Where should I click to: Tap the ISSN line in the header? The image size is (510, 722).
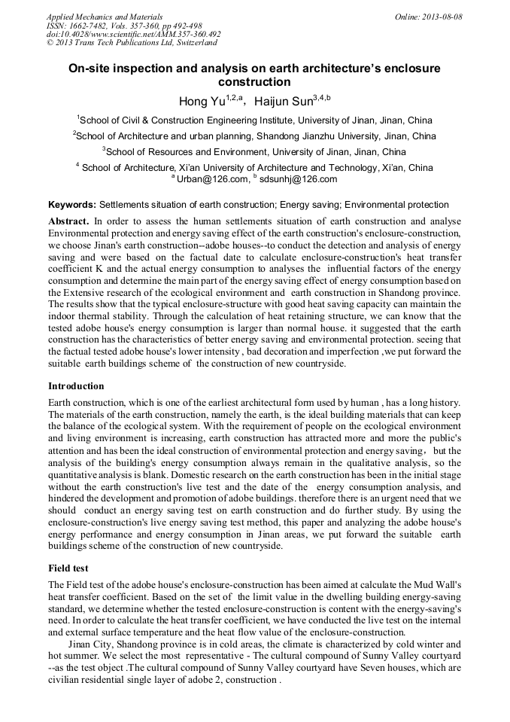pos(125,26)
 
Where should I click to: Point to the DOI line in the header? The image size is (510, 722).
pos(133,34)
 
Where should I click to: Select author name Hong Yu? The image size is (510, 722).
pos(199,101)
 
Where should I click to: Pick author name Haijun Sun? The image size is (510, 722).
pos(282,101)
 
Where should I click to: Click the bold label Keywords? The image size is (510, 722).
pos(72,205)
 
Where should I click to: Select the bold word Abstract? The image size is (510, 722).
pos(68,221)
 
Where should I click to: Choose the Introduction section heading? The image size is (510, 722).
pos(76,386)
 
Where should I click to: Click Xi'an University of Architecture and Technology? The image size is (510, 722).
pos(290,168)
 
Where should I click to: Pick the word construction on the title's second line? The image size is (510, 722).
pos(253,81)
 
